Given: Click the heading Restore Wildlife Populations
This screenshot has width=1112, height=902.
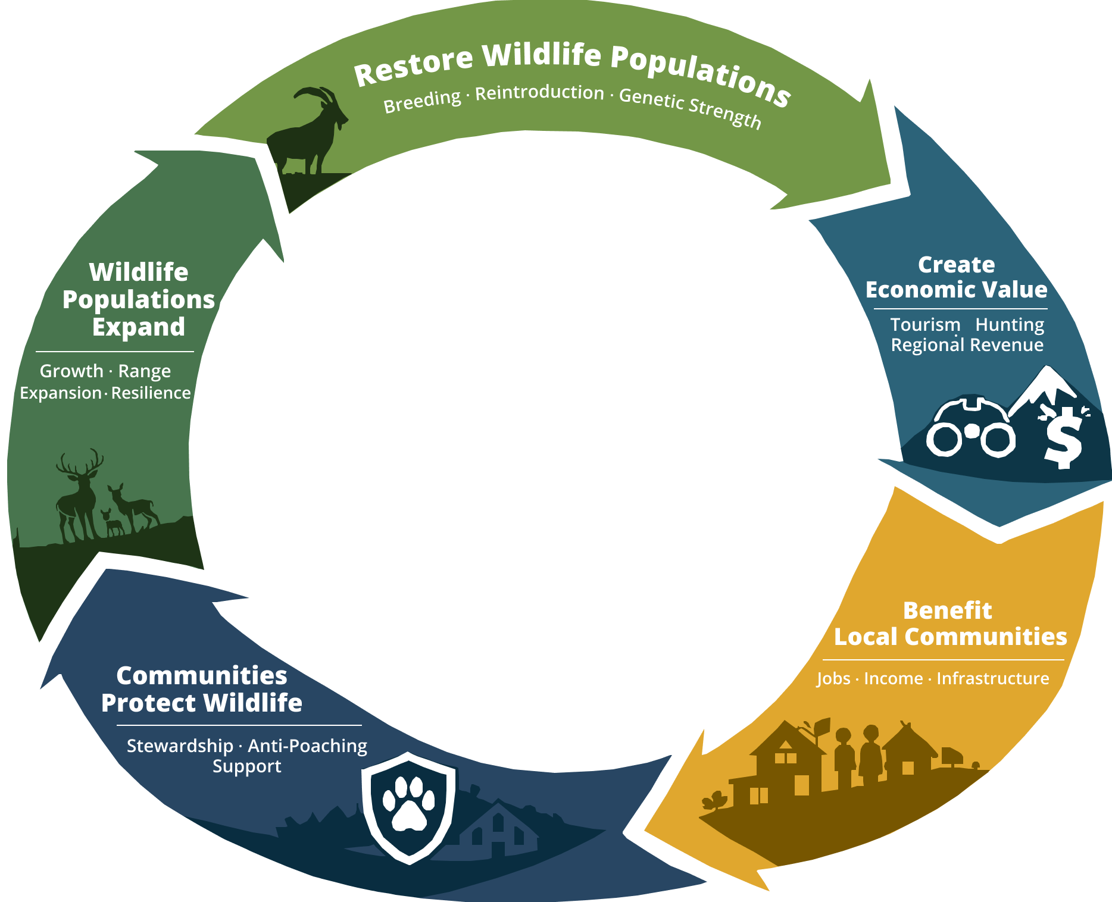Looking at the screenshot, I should (571, 68).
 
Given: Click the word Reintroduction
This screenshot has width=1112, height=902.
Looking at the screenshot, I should (539, 93).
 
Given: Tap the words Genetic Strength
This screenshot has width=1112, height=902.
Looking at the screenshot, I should (691, 107).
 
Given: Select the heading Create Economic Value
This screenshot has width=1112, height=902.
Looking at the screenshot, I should (956, 277).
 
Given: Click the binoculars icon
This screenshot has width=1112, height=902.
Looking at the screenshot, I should (970, 428).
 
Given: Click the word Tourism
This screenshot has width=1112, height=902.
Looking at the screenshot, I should (925, 325).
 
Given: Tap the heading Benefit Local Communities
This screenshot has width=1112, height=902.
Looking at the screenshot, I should (949, 624).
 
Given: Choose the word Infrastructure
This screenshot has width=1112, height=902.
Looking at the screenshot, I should (992, 678).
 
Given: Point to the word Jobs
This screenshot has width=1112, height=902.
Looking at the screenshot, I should (833, 678).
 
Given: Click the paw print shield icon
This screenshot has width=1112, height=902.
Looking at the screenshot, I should (408, 806).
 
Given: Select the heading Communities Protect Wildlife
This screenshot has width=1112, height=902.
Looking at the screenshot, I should (202, 689).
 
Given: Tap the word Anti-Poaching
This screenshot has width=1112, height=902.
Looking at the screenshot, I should (307, 746).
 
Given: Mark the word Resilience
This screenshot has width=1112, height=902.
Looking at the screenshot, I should (151, 393).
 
